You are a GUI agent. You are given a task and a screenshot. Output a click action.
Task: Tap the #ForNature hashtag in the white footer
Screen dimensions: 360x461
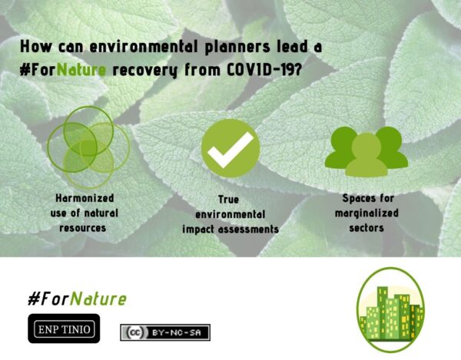[77, 299]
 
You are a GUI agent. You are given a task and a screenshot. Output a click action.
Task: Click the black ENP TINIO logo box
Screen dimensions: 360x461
[64, 329]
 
